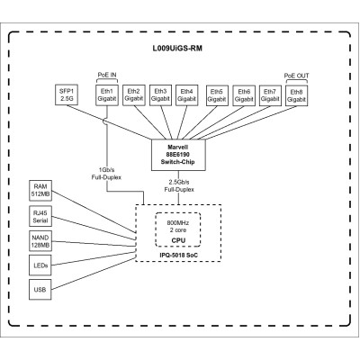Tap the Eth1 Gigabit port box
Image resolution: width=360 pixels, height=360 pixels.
coord(107,94)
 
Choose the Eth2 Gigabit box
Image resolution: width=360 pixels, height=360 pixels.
coord(134,94)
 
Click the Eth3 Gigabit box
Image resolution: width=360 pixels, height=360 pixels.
coord(160,94)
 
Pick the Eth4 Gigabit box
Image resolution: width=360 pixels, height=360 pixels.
coord(187,94)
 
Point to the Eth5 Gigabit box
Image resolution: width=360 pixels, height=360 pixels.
coord(216,94)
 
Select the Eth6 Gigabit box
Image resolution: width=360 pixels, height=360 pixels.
coord(242,94)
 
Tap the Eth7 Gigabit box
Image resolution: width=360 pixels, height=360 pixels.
coord(268,94)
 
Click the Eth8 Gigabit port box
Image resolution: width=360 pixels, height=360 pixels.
coord(295,94)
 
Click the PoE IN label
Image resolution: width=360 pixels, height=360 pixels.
coord(107,76)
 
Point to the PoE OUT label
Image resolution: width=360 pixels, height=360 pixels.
coord(295,76)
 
